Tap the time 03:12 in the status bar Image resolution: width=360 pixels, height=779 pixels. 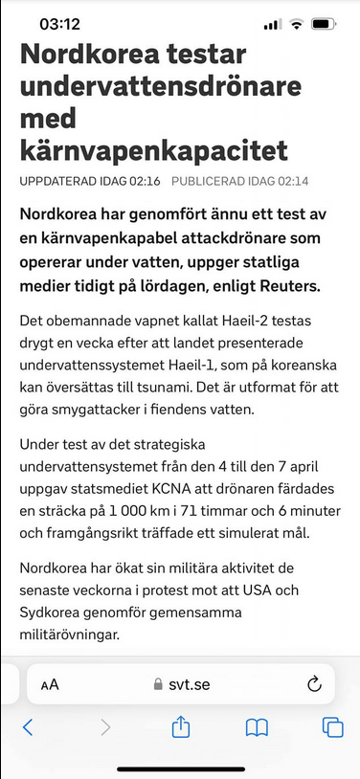click(x=60, y=23)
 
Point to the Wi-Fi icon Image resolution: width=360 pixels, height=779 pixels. click(x=297, y=23)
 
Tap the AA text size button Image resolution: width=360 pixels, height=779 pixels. click(x=50, y=684)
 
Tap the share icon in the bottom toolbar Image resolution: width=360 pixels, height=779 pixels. click(x=181, y=728)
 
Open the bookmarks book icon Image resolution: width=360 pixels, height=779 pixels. click(x=257, y=728)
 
